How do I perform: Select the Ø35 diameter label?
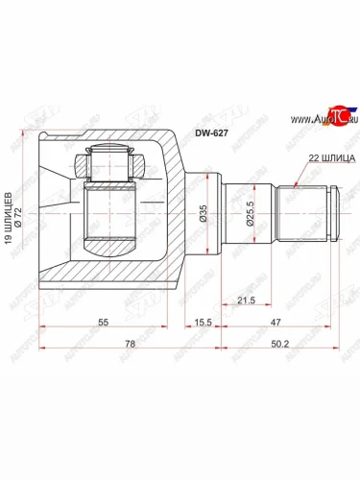pyautogui.click(x=204, y=213)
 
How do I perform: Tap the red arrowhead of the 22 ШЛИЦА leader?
pyautogui.click(x=292, y=182)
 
